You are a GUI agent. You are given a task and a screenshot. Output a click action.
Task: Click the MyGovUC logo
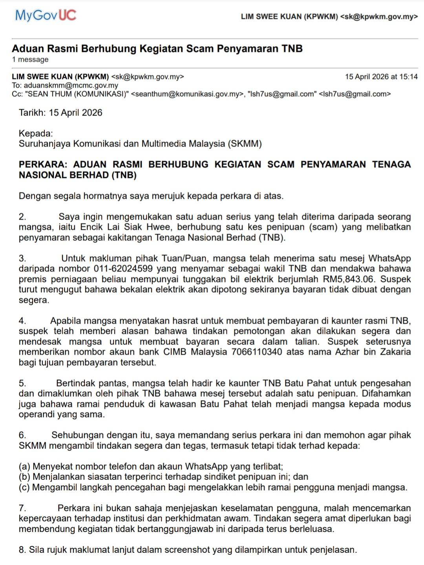coord(46,15)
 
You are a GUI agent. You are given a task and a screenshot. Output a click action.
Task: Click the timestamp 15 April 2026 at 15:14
coord(381,77)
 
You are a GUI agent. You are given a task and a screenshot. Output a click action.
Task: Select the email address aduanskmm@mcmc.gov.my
coord(71,86)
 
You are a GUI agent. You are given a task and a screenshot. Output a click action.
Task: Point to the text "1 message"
coord(30,60)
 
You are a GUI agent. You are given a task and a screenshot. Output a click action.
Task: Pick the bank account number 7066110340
coord(256,352)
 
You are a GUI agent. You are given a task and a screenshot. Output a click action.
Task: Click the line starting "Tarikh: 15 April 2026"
coord(60,113)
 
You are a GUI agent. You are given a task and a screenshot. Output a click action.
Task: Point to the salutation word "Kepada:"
coord(36,133)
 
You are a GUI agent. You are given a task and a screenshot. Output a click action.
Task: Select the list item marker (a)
coord(24,467)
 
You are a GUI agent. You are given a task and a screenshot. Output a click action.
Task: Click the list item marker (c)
coord(24,487)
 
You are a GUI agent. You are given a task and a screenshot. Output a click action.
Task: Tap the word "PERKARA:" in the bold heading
coord(43,164)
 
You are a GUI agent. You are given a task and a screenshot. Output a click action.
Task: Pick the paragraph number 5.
coord(22,383)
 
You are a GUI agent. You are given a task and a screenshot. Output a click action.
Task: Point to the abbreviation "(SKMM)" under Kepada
coord(245,144)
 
